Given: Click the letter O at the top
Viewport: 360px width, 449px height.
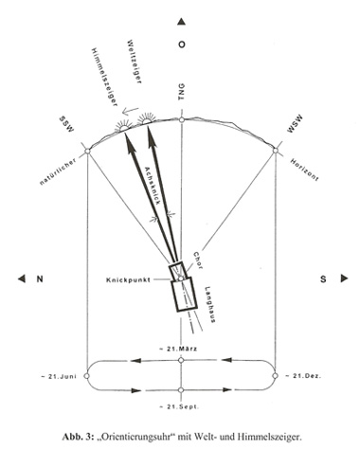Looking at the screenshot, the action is click(x=181, y=45).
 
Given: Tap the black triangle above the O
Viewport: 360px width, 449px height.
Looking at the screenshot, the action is click(x=181, y=22).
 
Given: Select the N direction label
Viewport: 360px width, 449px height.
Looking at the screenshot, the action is click(x=40, y=279).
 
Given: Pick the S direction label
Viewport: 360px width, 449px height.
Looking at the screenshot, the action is click(x=323, y=279).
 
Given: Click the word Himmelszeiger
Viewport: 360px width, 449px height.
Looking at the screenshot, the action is click(x=104, y=77).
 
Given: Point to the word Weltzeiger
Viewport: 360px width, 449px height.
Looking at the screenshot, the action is click(x=134, y=62).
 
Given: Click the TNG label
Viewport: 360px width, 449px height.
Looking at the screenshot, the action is click(x=181, y=92).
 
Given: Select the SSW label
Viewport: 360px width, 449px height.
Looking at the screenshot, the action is click(x=66, y=124).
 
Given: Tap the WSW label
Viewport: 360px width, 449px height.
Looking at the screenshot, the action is click(x=295, y=124).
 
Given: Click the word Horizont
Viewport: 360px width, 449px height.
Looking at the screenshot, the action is click(x=304, y=170).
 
